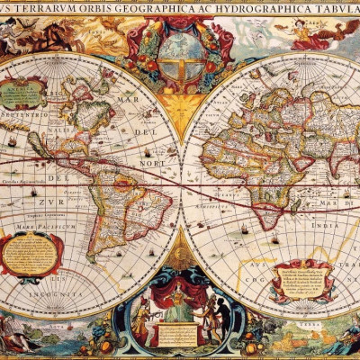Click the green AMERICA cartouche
pyautogui.click(x=26, y=92)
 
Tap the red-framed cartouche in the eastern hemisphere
pyautogui.click(x=302, y=280)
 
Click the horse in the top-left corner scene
pyautogui.click(x=58, y=36)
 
